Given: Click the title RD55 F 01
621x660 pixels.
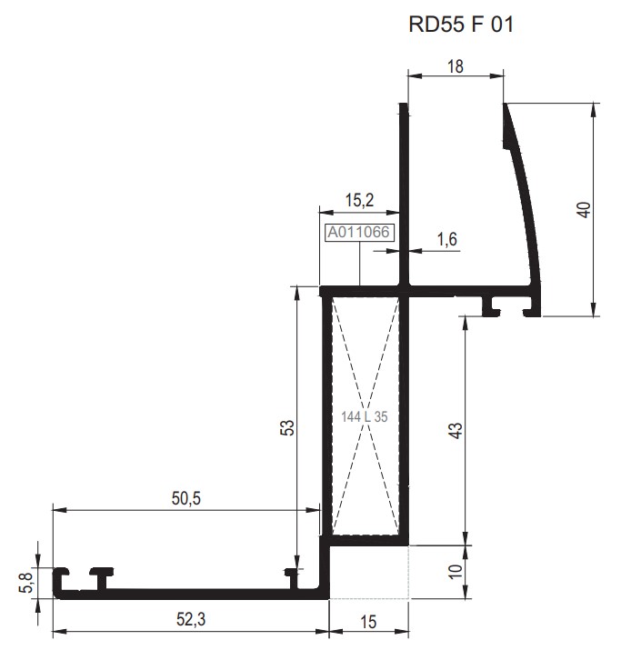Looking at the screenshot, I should coord(462,25).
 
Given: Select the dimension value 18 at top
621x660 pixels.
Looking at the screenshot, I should coord(456,65).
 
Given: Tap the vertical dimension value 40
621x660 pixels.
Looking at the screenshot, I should coord(585,208).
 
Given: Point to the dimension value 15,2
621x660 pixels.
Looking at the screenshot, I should coord(360,200).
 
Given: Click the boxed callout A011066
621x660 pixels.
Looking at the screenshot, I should coord(359,233).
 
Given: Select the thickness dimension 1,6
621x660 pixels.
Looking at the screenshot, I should coord(446,240).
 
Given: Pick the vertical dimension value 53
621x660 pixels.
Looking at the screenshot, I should coord(285,426).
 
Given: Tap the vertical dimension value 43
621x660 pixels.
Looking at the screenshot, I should coord(456,426).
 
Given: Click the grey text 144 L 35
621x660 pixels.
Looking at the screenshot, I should coord(365,417).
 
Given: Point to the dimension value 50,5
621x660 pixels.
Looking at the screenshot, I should coord(185,497).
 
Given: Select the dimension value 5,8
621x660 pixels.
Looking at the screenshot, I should coord(26,580).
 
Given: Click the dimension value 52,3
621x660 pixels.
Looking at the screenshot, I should coord(190,619).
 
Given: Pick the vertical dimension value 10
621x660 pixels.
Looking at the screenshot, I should coord(456,572).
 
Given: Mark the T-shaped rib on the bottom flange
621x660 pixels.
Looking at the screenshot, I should coord(100,577).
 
